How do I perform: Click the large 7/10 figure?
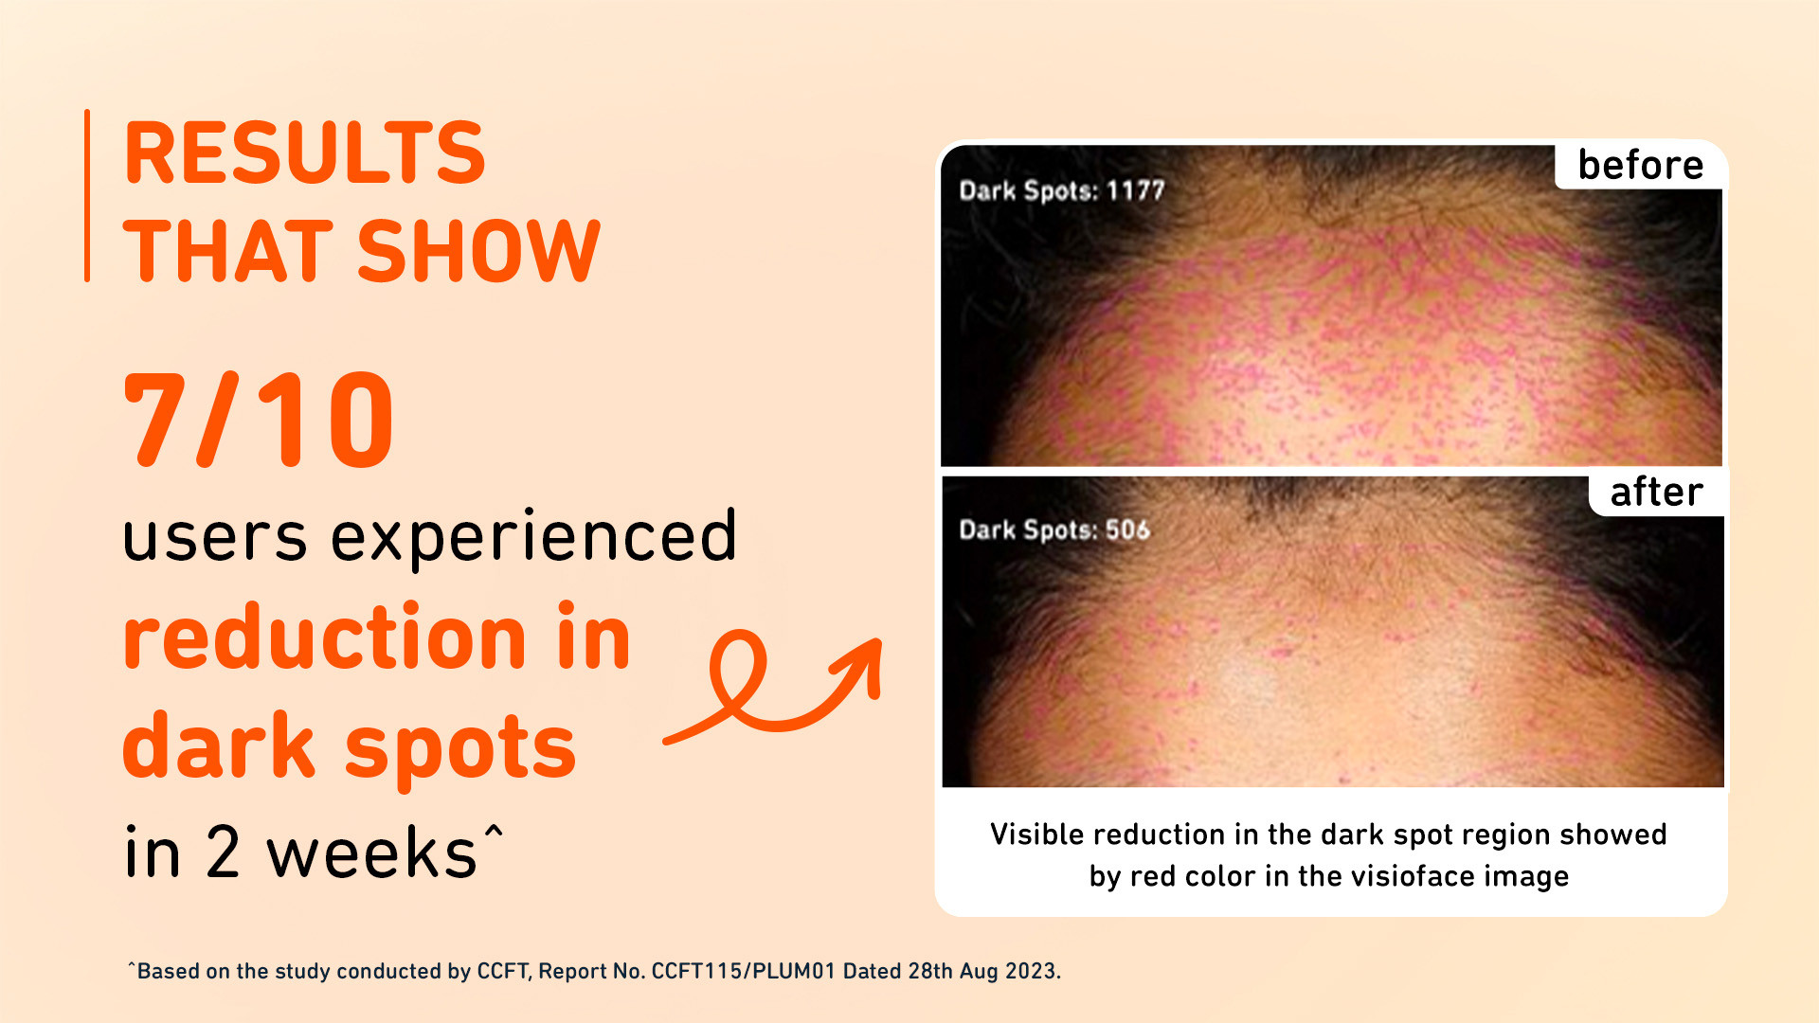point(258,420)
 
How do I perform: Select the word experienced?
point(533,538)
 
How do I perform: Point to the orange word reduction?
point(324,637)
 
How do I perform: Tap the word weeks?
point(371,853)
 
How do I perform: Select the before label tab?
point(1641,165)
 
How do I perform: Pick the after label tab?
point(1657,492)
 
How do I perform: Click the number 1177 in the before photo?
point(1135,190)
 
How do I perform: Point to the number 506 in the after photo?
point(1127,529)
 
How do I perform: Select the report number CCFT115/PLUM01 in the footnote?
point(744,972)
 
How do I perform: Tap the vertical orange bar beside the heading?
point(87,195)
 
